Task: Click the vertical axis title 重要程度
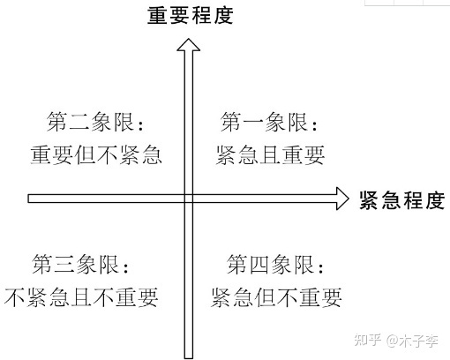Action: click(191, 16)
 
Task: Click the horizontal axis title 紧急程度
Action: click(402, 200)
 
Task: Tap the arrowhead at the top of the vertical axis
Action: click(189, 45)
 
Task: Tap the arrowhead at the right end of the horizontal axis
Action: click(342, 199)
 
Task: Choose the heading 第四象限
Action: click(275, 265)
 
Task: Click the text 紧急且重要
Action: click(270, 155)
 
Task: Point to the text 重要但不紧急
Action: click(96, 155)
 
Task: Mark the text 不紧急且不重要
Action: click(81, 297)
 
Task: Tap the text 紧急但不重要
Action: click(276, 297)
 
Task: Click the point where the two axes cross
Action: click(189, 199)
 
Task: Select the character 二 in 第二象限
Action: click(79, 123)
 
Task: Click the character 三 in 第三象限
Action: click(64, 265)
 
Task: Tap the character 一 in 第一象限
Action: click(253, 123)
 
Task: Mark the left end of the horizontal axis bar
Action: click(28, 199)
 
